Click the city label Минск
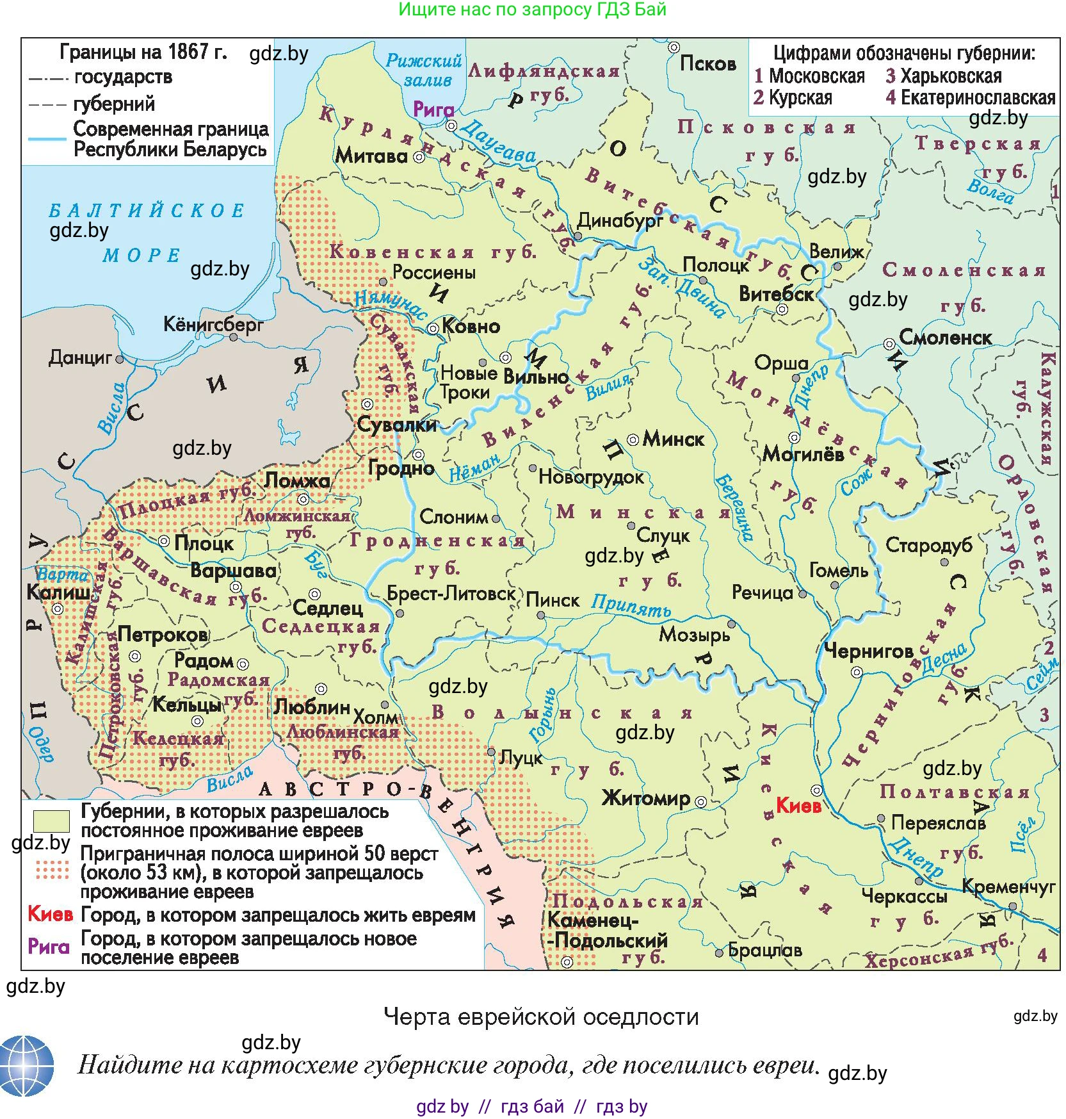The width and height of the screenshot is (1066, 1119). [x=673, y=439]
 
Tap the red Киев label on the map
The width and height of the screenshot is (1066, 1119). [x=798, y=805]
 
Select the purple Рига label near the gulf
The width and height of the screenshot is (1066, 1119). [x=433, y=110]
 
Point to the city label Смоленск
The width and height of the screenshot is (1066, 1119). [x=945, y=338]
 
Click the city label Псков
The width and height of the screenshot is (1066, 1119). [x=707, y=63]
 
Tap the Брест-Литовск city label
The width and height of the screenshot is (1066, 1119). [x=451, y=594]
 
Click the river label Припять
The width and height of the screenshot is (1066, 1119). [x=631, y=605]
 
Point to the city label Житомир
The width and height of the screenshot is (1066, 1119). [x=646, y=798]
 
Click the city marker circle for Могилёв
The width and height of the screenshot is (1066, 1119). [x=794, y=438]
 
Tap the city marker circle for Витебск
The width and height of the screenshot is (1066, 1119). [x=782, y=309]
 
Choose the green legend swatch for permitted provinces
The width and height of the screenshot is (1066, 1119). [x=51, y=821]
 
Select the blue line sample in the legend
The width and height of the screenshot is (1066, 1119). [x=47, y=138]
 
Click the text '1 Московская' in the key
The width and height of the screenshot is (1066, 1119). [x=809, y=76]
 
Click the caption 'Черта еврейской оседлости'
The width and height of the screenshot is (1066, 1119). [x=541, y=1017]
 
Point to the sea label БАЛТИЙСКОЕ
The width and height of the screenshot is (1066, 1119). [x=147, y=211]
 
